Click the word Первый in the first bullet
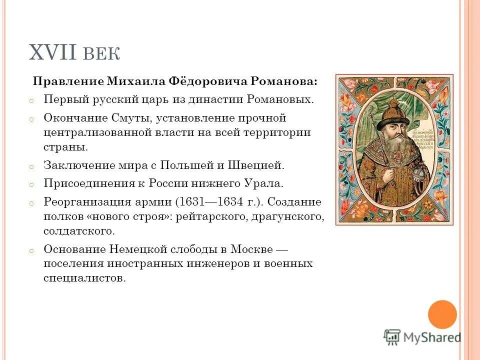pos(64,99)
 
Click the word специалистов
pos(83,278)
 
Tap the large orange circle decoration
pos(442,314)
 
